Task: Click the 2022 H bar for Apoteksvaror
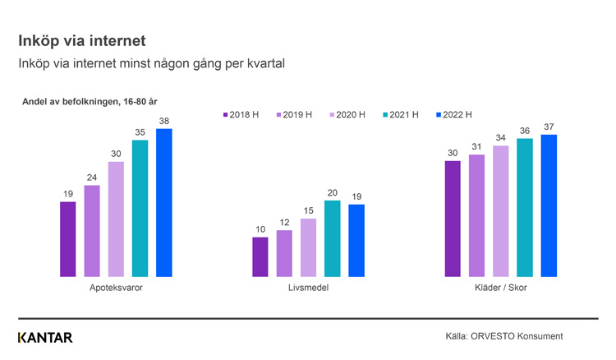[x=164, y=203]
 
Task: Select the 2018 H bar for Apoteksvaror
[x=68, y=239]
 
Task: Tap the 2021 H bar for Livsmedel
[x=332, y=238]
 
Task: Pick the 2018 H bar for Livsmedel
[x=260, y=257]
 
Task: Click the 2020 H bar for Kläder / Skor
[x=500, y=211]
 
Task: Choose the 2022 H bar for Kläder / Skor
[x=549, y=205]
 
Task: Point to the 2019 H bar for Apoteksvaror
[x=92, y=231]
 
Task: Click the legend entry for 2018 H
[x=241, y=115]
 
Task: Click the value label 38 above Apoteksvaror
[x=164, y=121]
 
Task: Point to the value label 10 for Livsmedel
[x=260, y=229]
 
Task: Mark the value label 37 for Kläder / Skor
[x=549, y=127]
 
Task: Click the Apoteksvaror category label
[x=116, y=288]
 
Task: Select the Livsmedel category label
[x=308, y=288]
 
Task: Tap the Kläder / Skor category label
[x=500, y=288]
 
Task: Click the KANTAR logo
[x=45, y=337]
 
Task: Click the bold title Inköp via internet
[x=82, y=39]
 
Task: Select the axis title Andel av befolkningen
[x=94, y=101]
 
